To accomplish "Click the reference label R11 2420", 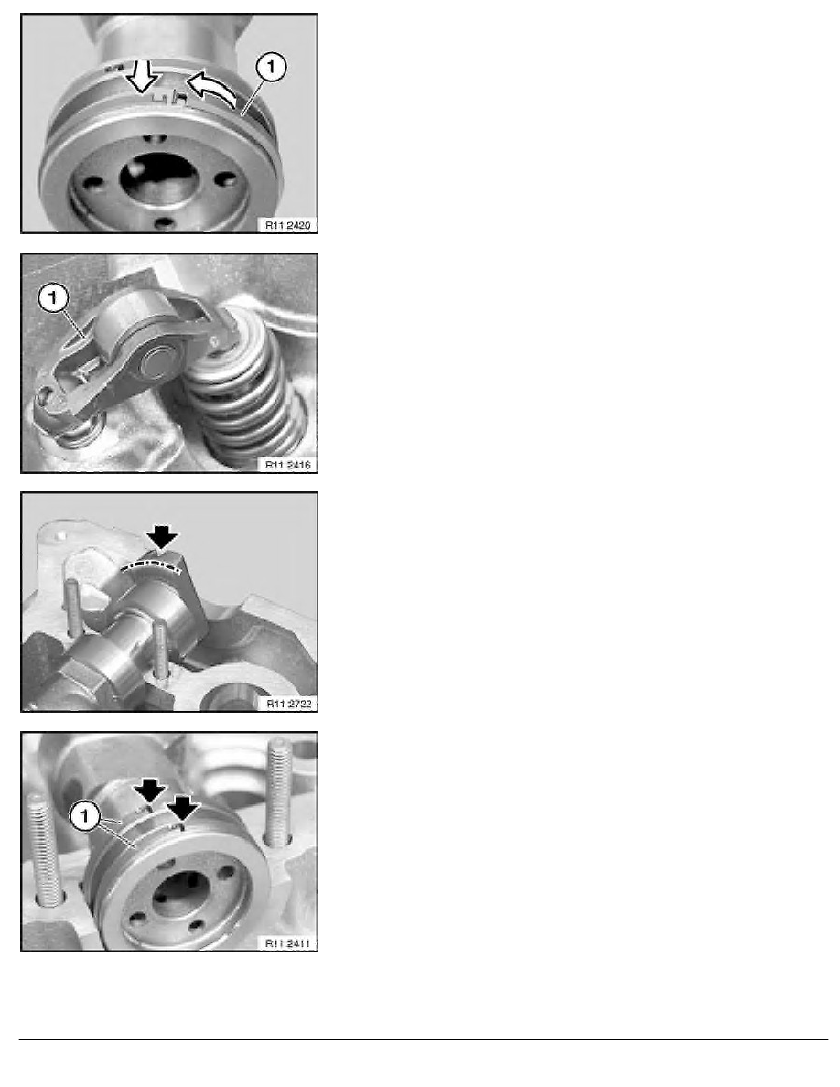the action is point(287,225).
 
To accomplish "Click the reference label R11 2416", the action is point(287,465).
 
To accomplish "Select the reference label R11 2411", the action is point(287,943).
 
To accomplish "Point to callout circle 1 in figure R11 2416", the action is point(53,299).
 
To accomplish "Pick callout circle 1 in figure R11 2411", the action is point(85,815).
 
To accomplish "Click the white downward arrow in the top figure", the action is point(143,76).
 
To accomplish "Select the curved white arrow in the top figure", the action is point(211,87).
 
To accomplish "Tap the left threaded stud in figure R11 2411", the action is point(44,849).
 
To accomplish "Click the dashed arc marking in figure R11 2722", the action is point(153,566).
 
